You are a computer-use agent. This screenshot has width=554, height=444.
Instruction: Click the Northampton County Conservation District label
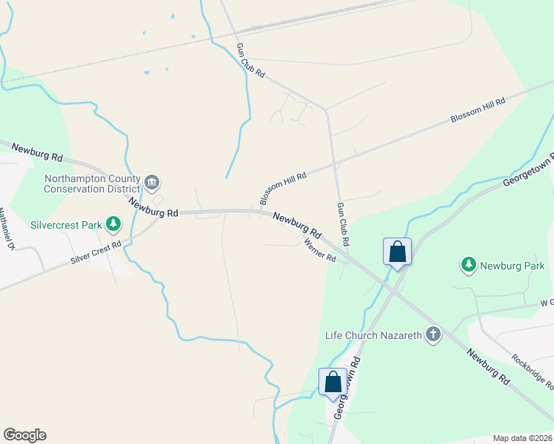point(92,184)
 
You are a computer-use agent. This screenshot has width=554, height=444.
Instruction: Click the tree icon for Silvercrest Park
point(113,223)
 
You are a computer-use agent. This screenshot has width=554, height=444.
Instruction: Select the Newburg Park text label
point(512,266)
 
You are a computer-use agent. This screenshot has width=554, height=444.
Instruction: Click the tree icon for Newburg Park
point(468,264)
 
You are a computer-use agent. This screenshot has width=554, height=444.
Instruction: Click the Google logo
point(24,435)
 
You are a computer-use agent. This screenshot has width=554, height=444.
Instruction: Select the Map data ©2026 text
point(523,437)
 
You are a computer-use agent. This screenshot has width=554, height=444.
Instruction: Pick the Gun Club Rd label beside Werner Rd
point(343,224)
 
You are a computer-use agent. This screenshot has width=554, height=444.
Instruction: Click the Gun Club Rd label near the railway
point(250,61)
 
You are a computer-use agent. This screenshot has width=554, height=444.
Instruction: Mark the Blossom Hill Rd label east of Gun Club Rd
point(478,111)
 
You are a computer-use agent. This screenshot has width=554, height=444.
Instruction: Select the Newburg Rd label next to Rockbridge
point(488,366)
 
